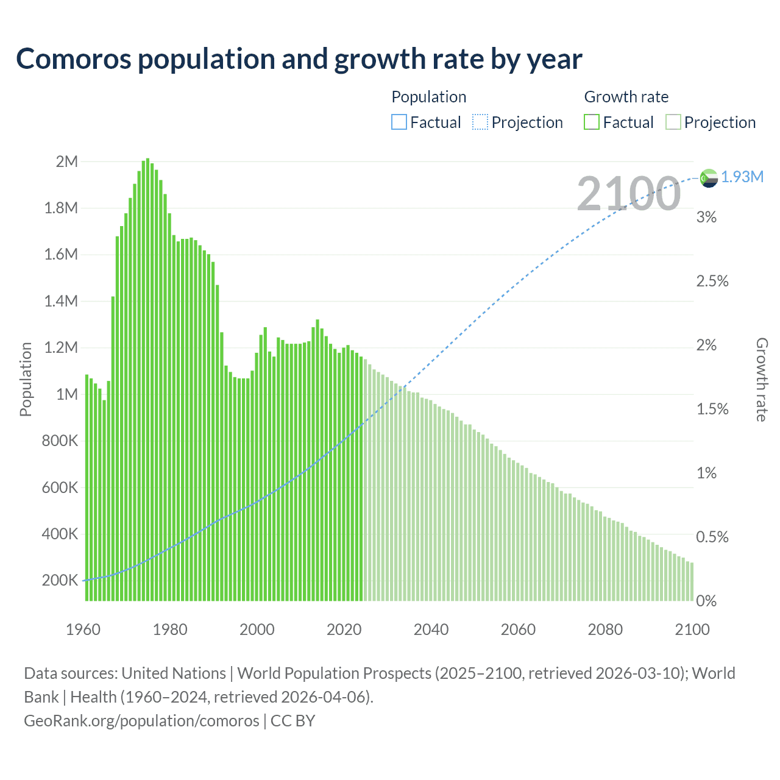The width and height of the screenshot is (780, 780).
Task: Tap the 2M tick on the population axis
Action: pyautogui.click(x=66, y=161)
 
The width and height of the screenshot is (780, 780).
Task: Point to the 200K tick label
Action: pyautogui.click(x=60, y=580)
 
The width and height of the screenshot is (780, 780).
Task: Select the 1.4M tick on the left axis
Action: pyautogui.click(x=61, y=301)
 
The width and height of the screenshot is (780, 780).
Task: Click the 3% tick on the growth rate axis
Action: pyautogui.click(x=706, y=218)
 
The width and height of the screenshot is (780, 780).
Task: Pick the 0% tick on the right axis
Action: pyautogui.click(x=706, y=601)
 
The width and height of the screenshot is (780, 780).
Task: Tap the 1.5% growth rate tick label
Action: pyautogui.click(x=712, y=409)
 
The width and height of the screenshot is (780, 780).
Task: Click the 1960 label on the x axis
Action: pyautogui.click(x=83, y=629)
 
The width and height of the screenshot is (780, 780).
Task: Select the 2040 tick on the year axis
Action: pyautogui.click(x=431, y=629)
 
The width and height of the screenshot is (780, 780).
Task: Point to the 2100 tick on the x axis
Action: pyautogui.click(x=692, y=629)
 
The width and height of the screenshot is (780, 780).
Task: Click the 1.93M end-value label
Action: pyautogui.click(x=742, y=177)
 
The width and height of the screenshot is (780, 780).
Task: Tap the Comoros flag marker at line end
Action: pyautogui.click(x=709, y=178)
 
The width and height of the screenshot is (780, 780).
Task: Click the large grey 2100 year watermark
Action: pyautogui.click(x=628, y=194)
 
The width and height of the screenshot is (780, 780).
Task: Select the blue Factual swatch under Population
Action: pyautogui.click(x=399, y=122)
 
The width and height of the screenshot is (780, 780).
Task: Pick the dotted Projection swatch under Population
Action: pyautogui.click(x=480, y=122)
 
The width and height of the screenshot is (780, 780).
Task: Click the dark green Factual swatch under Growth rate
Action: pyautogui.click(x=592, y=122)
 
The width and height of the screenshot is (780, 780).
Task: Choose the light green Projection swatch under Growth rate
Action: pyautogui.click(x=673, y=122)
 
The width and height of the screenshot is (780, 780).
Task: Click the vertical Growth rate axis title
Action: pyautogui.click(x=761, y=380)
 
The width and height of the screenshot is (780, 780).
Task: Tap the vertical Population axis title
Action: pyautogui.click(x=26, y=380)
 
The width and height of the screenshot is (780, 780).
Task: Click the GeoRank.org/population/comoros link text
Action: pyautogui.click(x=141, y=721)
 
